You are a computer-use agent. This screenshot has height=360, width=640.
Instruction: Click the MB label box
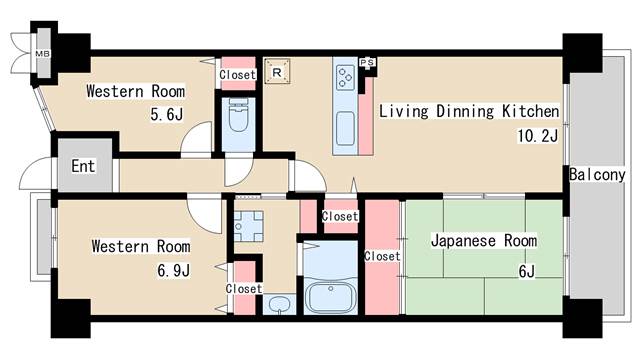coord(43,53)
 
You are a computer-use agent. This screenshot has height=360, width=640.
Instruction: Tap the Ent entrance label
coord(82,166)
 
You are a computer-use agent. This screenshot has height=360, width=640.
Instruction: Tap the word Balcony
coord(597,175)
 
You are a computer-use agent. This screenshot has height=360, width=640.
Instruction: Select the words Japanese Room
coord(483,241)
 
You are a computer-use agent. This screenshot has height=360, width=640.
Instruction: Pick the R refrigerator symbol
coord(277,72)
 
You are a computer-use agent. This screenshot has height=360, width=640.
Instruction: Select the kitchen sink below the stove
coord(346,128)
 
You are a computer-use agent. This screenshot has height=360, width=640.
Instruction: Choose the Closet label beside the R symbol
coord(237,73)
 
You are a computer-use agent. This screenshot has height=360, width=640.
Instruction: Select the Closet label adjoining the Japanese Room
coord(382,256)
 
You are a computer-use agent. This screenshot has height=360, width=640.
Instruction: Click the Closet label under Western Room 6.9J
coord(243,288)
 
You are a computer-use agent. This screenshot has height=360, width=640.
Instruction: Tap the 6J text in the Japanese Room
coord(526,270)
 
